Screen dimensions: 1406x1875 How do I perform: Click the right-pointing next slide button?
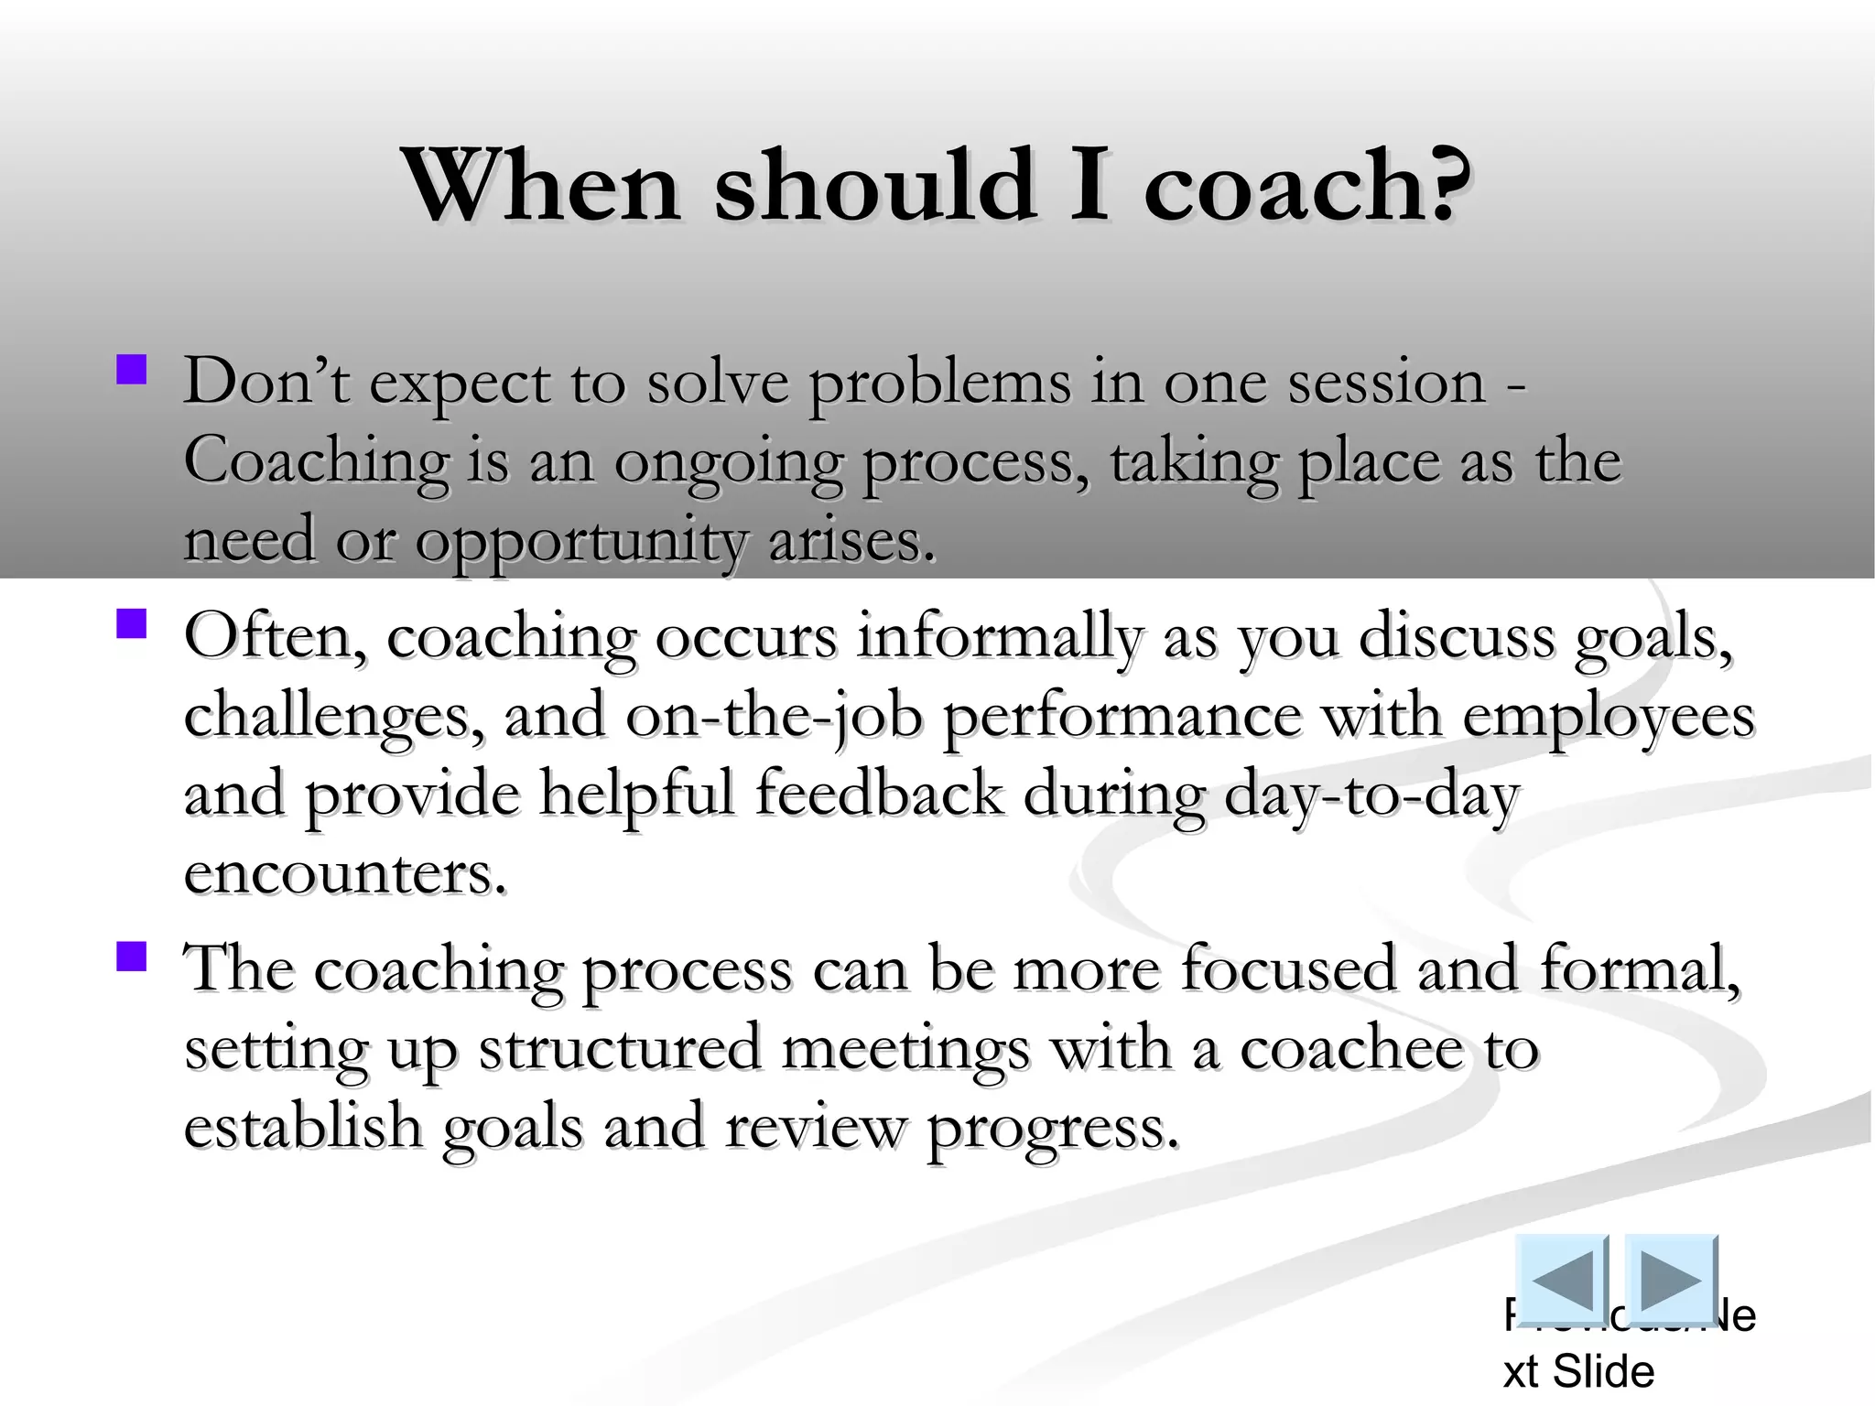(x=1670, y=1279)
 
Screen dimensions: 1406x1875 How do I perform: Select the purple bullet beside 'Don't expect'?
(x=132, y=371)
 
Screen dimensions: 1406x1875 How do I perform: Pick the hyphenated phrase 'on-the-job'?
(x=774, y=716)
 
